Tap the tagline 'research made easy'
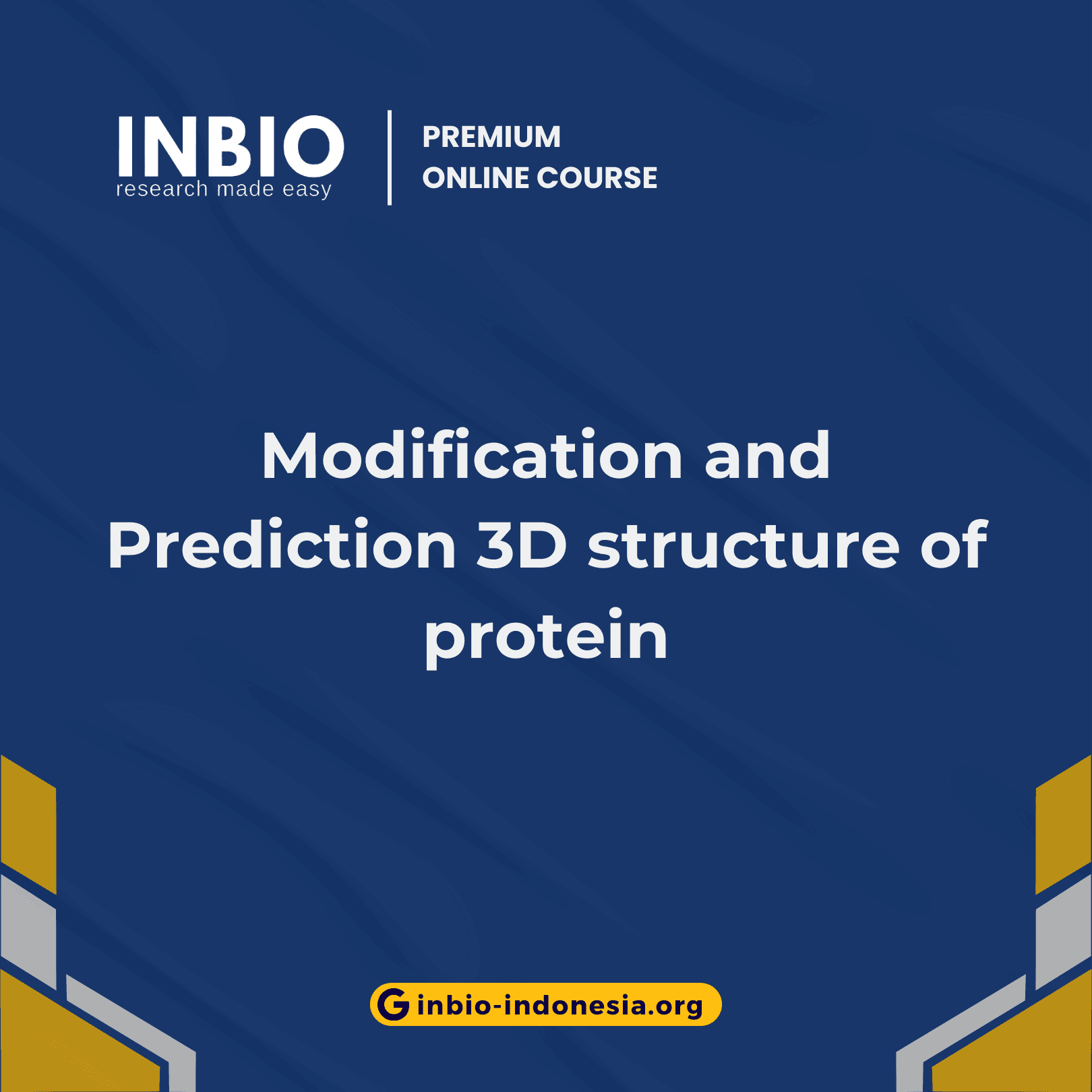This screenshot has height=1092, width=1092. coord(223,189)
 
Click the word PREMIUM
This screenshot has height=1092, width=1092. coord(491,137)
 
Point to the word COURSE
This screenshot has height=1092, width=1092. coord(597,178)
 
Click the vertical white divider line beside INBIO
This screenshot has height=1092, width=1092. coord(390,158)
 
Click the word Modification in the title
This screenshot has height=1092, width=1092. coord(472,456)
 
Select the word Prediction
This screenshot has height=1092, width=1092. coord(282,546)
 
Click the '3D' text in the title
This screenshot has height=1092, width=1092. coord(522,546)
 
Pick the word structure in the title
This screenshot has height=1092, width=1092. coord(744,546)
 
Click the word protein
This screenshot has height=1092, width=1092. coord(545,637)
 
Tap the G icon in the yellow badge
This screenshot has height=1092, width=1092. coord(394,1004)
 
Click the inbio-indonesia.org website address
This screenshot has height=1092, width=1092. coord(559,1005)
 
